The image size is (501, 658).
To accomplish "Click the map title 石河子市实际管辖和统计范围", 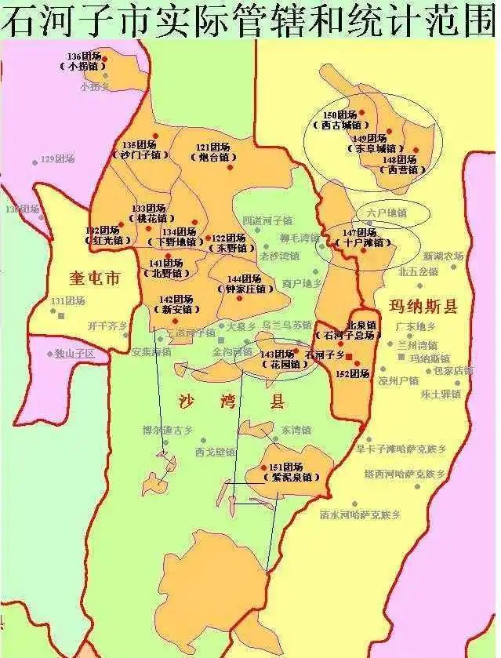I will pos(250,19).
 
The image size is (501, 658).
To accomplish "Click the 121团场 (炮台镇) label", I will pos(212,152).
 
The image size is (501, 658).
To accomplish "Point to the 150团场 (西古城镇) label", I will pos(341,120).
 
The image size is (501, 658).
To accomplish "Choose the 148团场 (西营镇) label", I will pos(399,164).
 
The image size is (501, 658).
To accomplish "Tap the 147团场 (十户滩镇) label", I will pos(361,238).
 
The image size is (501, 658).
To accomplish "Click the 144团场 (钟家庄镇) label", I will pos(244,284).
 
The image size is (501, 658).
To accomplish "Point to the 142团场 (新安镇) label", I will pos(176,304).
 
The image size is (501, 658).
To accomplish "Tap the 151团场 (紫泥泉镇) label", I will pos(291,472).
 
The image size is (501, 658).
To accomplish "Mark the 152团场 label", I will pos(351,374).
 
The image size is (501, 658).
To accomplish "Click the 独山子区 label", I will pos(74,354).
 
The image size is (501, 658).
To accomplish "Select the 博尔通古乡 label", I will pos(166,430).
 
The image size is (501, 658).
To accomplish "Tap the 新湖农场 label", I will pos(443,256).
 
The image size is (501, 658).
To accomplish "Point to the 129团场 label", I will pos(58,159).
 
